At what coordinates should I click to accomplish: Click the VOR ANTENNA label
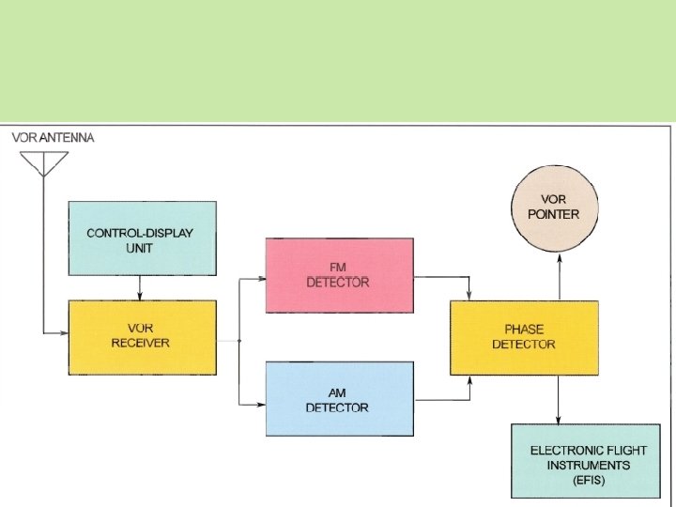coord(53,137)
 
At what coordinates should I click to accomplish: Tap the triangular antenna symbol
coord(43,162)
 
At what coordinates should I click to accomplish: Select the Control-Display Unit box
coord(142,238)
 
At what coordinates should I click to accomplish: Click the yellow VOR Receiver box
coord(142,336)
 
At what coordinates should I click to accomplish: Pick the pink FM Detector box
coord(339,275)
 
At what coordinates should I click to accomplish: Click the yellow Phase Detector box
coord(524,337)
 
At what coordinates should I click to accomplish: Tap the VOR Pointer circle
coord(560,208)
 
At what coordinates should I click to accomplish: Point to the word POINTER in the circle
coord(560,214)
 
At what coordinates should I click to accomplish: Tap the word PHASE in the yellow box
coord(524,330)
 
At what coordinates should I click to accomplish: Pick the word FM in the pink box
coord(338,268)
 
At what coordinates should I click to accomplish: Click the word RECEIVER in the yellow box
coord(141,343)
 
